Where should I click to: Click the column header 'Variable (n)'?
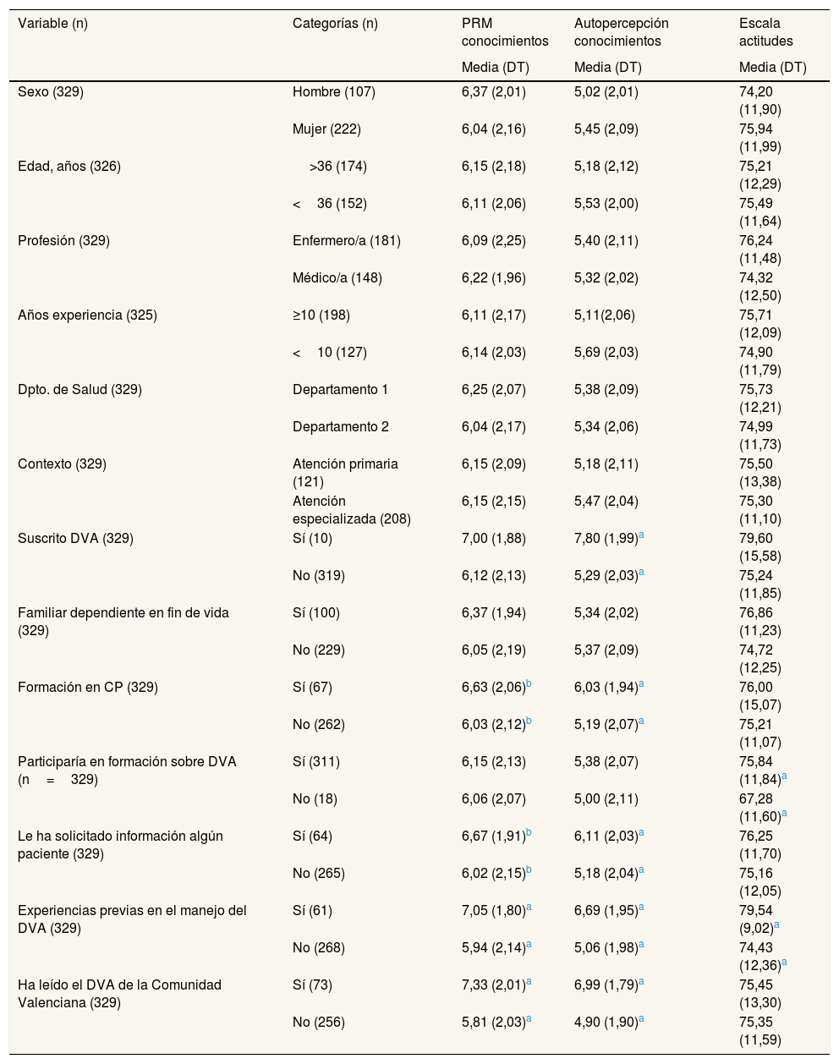tap(52, 24)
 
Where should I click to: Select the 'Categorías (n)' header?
tap(335, 24)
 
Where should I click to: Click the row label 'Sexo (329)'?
tap(51, 91)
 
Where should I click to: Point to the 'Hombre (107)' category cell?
tap(333, 91)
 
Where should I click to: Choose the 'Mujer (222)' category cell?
tap(326, 129)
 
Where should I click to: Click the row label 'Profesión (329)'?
tap(63, 240)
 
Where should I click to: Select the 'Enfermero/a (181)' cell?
tap(346, 240)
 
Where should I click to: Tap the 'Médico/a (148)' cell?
tap(337, 277)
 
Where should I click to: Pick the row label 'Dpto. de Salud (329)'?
tap(80, 389)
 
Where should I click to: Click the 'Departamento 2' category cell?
tap(340, 426)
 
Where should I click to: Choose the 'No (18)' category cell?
tap(316, 798)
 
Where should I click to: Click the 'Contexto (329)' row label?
tap(62, 463)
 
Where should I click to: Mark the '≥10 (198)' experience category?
tap(321, 315)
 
